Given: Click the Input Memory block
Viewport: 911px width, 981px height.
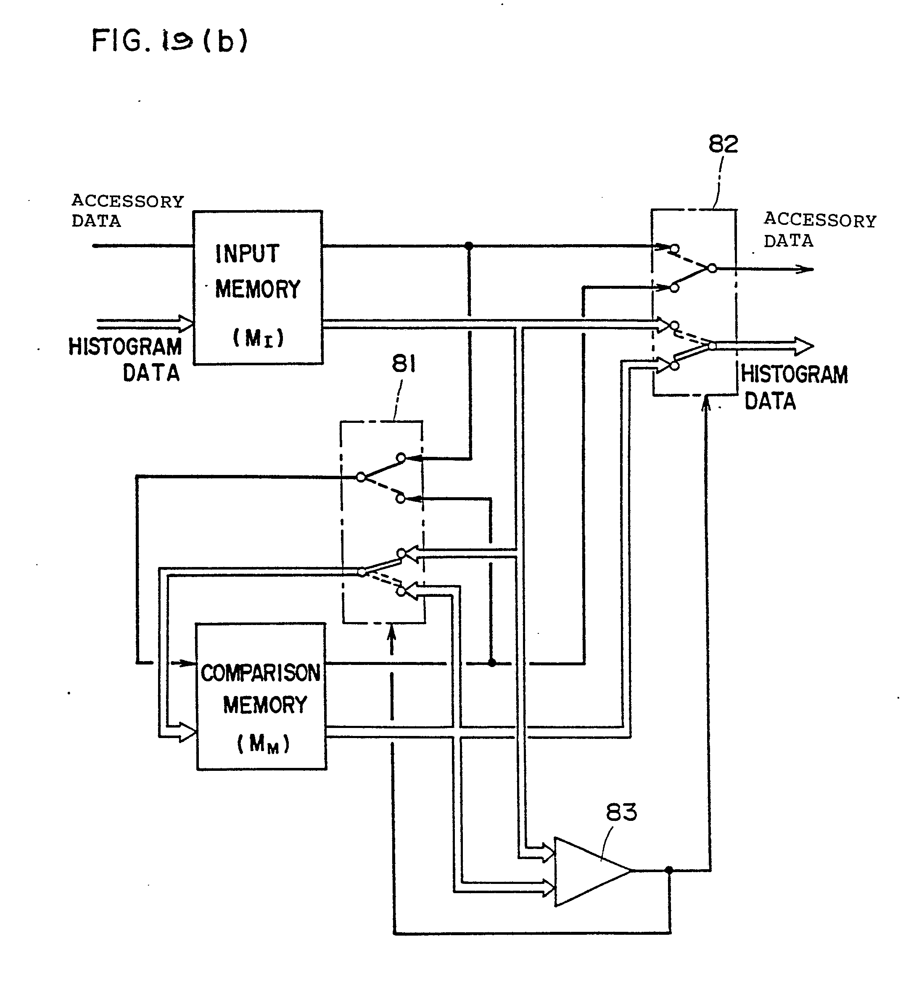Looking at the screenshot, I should click(258, 287).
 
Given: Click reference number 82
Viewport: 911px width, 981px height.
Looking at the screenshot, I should click(723, 145).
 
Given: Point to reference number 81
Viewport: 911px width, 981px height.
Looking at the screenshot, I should click(404, 364).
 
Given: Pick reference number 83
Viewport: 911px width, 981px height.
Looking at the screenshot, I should click(621, 812).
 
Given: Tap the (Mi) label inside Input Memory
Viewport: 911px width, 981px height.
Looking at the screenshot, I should click(258, 338).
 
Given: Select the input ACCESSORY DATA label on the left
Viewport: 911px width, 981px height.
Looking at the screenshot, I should click(127, 211).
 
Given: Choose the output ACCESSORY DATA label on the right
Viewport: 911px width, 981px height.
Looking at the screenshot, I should click(819, 230).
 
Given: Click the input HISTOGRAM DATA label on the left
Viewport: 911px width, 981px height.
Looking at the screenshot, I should click(125, 359).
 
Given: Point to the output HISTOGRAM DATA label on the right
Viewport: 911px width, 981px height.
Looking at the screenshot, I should click(794, 388).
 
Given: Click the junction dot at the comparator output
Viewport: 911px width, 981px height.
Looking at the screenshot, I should click(669, 870).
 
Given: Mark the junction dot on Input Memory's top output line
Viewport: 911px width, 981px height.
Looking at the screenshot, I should click(469, 245).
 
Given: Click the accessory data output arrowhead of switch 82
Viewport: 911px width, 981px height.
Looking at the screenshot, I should click(806, 269).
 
